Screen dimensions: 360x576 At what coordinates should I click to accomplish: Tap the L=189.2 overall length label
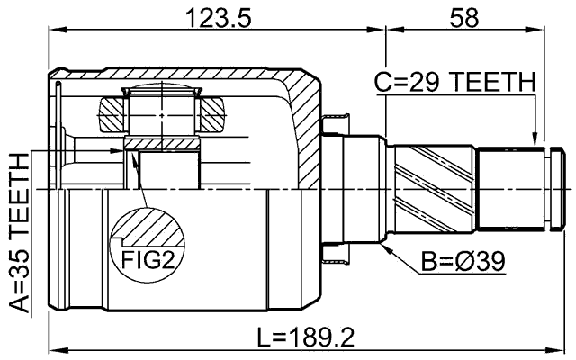click(305, 338)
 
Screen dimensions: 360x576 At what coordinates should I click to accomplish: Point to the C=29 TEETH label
click(454, 83)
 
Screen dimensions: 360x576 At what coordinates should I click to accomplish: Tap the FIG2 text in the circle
click(143, 262)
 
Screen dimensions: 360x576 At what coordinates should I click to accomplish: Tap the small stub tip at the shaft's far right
click(565, 187)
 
